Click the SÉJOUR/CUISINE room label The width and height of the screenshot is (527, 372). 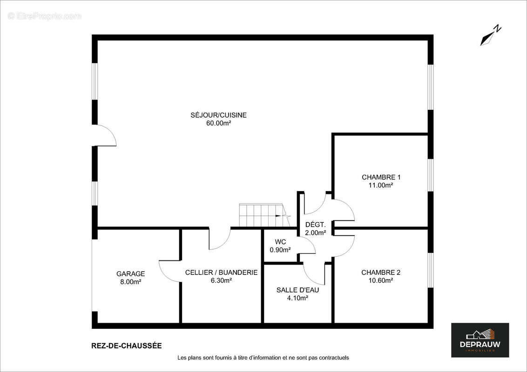coord(218,115)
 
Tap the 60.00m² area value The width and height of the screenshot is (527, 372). coord(218,123)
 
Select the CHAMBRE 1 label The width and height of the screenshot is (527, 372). coord(381,177)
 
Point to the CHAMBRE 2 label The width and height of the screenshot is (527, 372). coord(381,272)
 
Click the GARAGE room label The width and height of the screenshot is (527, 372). coord(130,274)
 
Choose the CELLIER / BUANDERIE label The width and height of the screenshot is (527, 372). coord(221,272)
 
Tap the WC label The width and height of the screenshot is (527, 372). coord(280,242)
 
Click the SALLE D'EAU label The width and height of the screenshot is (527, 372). coord(297,290)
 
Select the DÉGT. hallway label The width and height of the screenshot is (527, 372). coord(315,225)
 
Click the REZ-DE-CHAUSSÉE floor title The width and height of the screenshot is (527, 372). coord(127,345)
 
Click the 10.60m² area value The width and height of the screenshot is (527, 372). coord(381,280)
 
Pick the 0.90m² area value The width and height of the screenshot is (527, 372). coord(280,250)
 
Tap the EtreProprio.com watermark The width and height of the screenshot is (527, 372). coord(45,16)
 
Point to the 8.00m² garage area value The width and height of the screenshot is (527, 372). coord(130,282)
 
